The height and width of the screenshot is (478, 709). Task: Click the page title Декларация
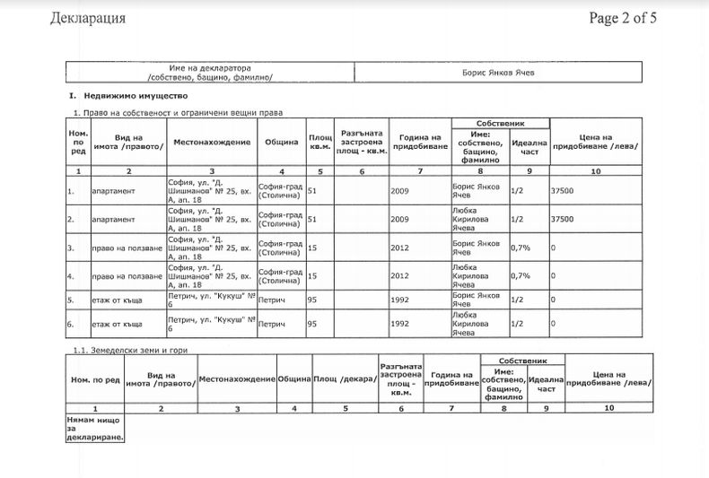point(88,18)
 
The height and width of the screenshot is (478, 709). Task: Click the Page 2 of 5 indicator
point(624,18)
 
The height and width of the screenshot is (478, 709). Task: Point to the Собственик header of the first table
point(501,123)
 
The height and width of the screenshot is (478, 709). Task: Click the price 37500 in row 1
point(563,191)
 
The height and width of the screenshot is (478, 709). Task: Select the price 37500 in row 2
point(563,219)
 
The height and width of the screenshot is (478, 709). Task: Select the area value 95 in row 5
point(312,300)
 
